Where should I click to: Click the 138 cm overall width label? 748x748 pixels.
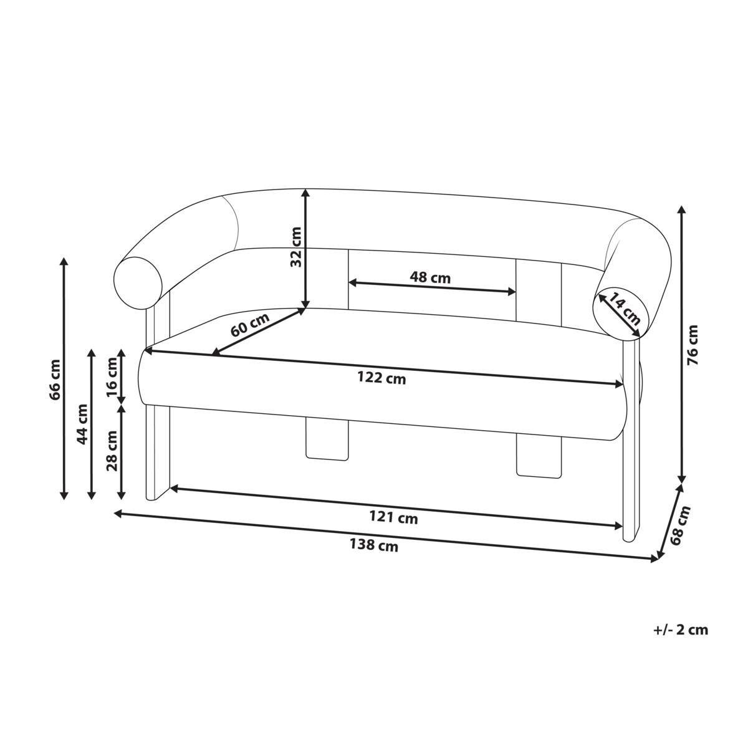click(373, 545)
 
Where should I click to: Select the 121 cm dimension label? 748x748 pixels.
click(393, 517)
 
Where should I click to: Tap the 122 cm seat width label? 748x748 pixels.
click(381, 378)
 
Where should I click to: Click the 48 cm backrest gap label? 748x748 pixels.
click(430, 277)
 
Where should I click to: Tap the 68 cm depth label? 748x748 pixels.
click(681, 525)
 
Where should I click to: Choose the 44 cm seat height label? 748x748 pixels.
click(82, 424)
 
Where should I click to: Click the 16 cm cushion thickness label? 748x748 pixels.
click(112, 378)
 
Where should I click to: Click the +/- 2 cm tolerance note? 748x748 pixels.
click(681, 630)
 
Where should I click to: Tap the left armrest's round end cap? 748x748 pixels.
click(139, 281)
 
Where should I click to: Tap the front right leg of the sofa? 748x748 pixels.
click(631, 474)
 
